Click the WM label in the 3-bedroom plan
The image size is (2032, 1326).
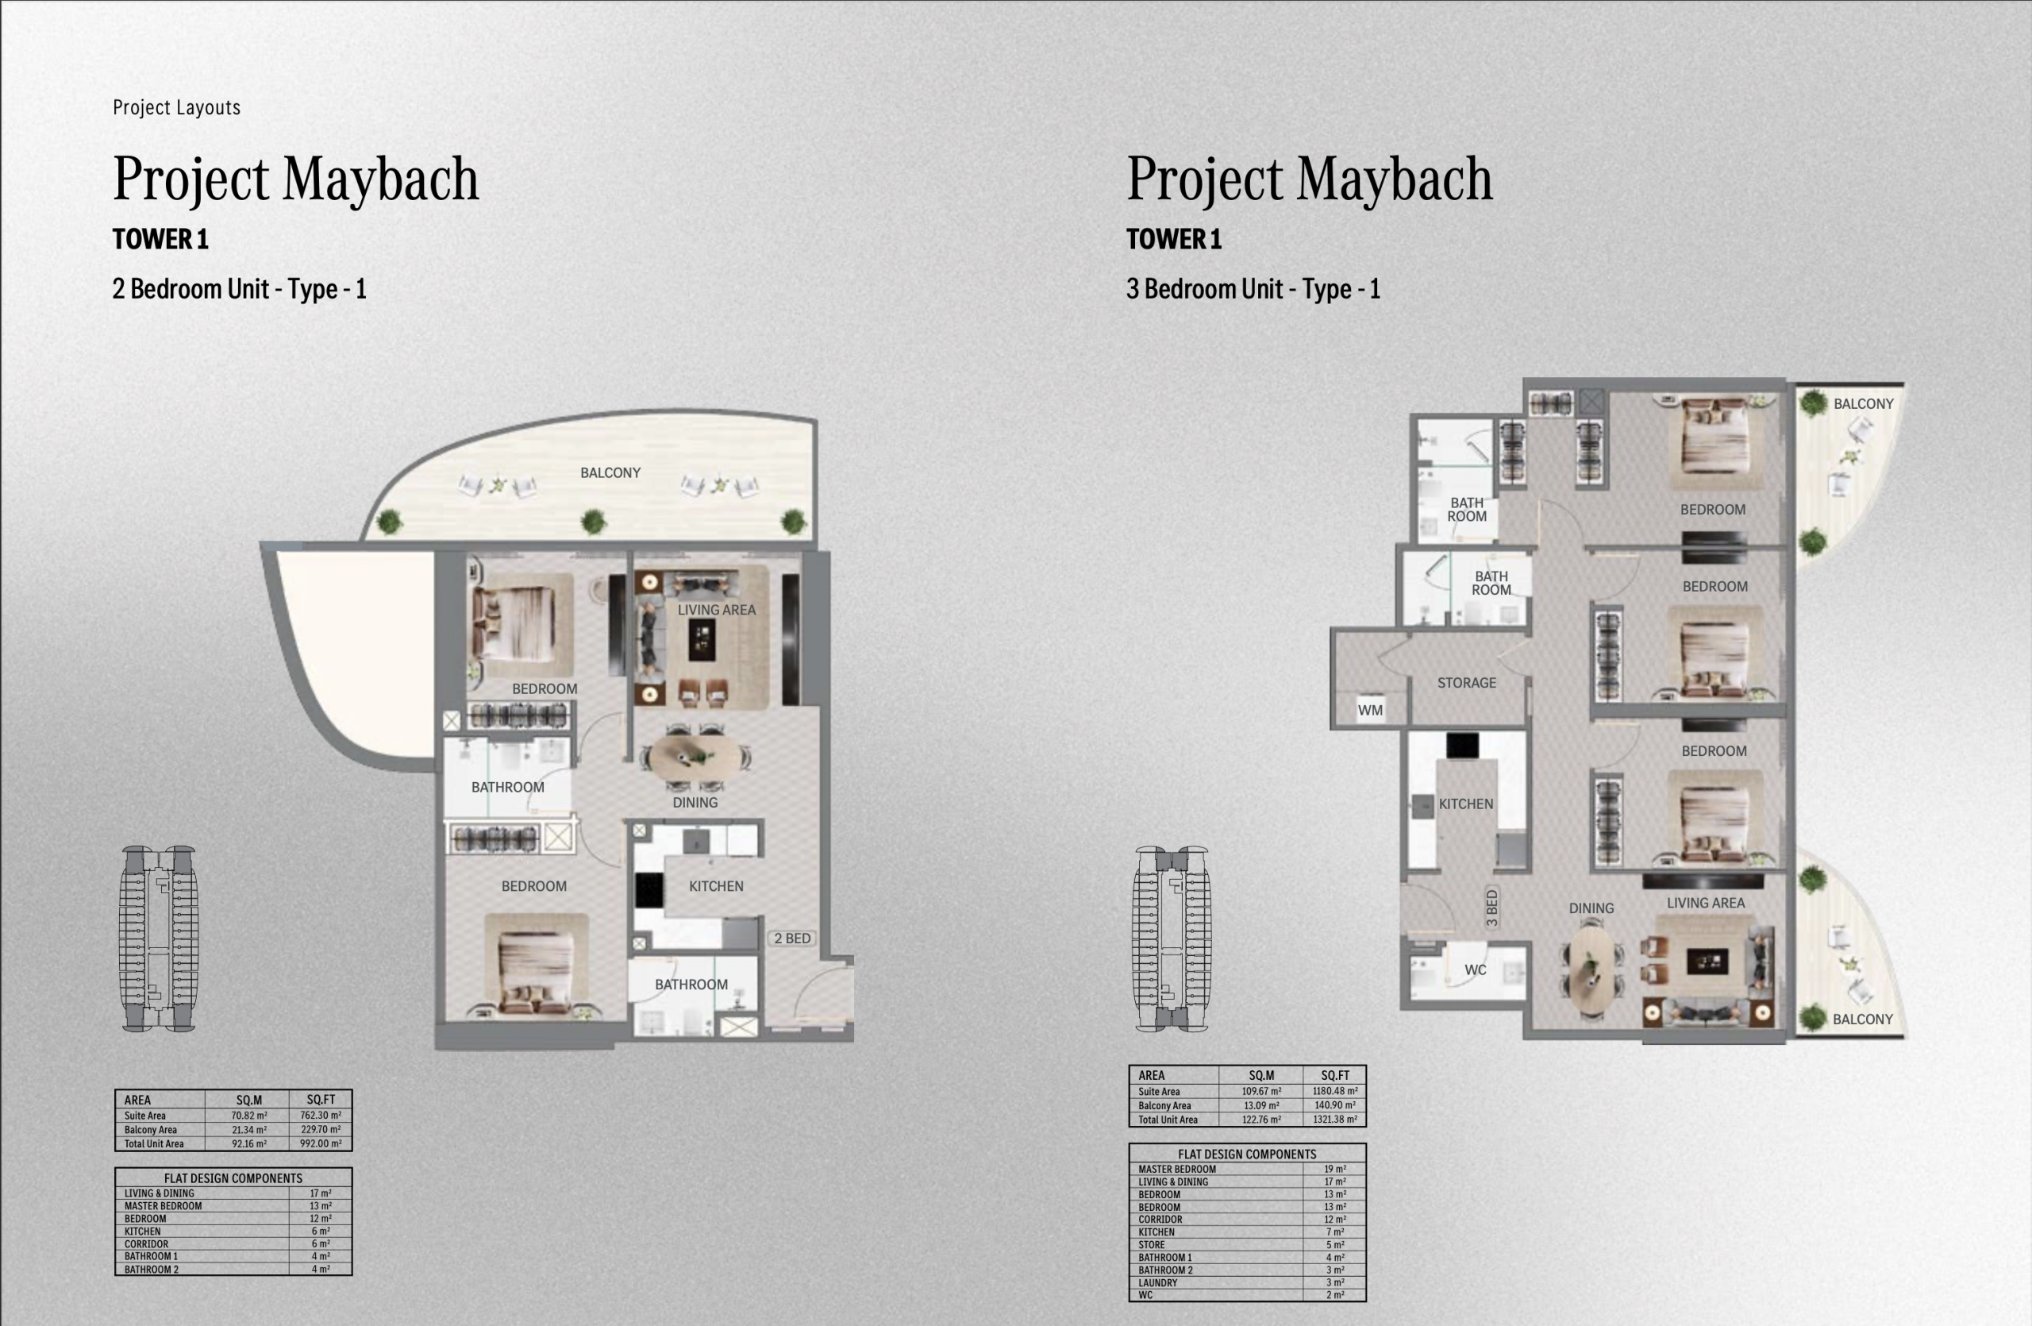[1369, 711]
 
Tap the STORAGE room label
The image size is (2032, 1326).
[1466, 683]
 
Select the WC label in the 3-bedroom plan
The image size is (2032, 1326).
[1476, 970]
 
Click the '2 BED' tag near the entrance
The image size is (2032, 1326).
[792, 939]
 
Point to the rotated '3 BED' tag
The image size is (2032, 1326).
[1491, 908]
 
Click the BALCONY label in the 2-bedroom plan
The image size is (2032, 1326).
[610, 473]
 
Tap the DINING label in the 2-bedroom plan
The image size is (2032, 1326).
[695, 803]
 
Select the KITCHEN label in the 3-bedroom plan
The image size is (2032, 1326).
[1466, 804]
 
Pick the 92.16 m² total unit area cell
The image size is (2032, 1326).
[249, 1144]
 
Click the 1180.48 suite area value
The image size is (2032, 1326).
[1335, 1091]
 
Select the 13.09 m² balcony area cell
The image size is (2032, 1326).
[1261, 1106]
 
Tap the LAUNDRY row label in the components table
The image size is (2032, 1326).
[1158, 1282]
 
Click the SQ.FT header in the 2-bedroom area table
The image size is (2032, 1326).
[321, 1100]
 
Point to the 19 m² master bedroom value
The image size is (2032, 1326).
[1334, 1170]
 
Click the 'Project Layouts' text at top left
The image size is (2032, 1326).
[177, 107]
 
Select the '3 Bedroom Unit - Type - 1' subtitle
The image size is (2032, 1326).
[1253, 290]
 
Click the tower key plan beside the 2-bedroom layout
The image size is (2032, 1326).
[159, 939]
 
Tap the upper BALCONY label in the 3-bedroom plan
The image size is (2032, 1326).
[1864, 404]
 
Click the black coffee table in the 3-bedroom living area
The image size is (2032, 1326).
[1707, 962]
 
